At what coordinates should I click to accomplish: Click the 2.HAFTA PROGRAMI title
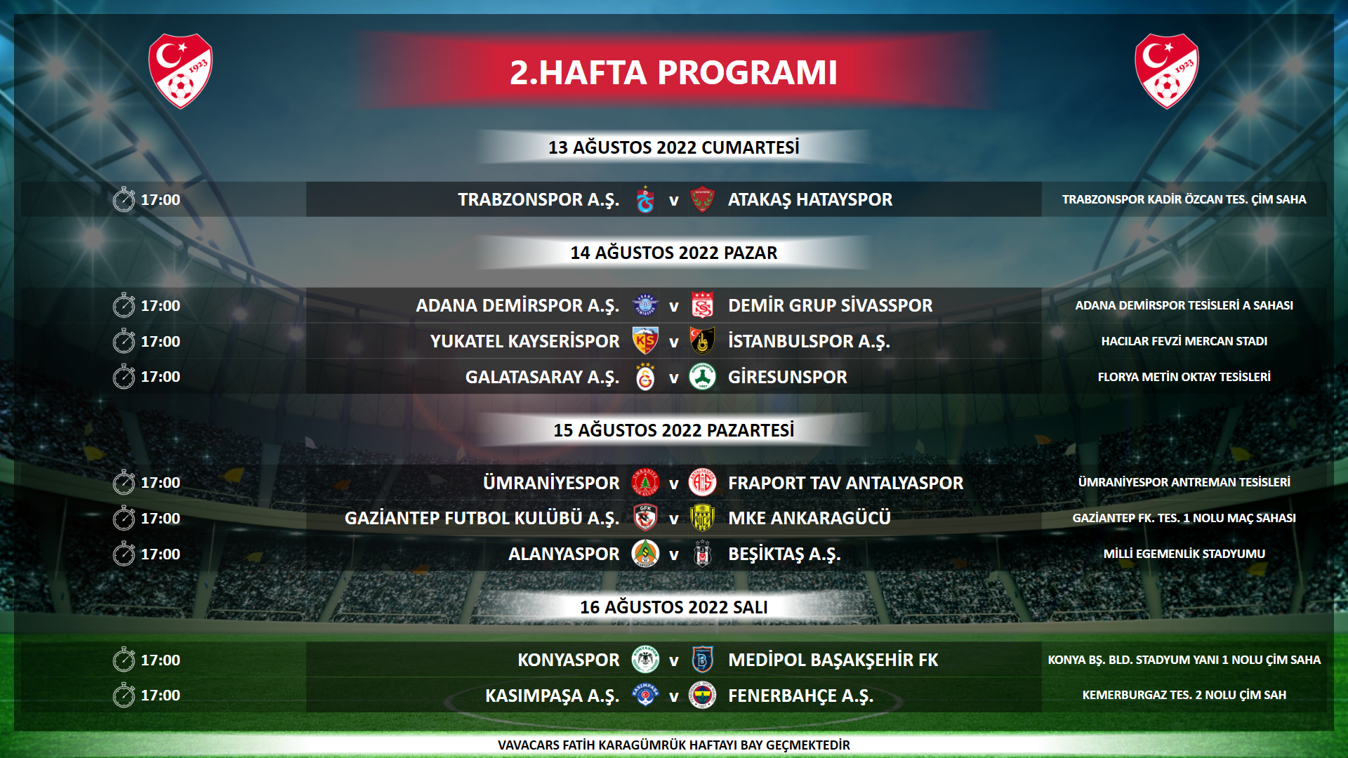[673, 72]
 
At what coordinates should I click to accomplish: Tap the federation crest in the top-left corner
[180, 71]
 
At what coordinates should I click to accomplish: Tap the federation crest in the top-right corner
[1167, 71]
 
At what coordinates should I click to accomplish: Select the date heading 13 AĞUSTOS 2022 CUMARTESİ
[673, 147]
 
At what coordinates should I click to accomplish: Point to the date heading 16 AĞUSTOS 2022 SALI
[673, 607]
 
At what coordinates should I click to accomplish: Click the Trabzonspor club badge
[645, 200]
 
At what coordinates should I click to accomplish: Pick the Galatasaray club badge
[645, 377]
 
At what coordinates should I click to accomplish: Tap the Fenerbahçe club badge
[702, 696]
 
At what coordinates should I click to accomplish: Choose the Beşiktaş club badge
[702, 554]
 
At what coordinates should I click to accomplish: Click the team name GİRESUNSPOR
[787, 377]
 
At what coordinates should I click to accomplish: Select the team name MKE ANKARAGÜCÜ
[809, 518]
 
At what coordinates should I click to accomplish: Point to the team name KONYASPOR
[568, 660]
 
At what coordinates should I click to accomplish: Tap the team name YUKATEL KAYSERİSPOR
[524, 341]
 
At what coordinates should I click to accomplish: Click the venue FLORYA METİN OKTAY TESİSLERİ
[1184, 377]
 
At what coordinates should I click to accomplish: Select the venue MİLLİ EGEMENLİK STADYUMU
[1184, 554]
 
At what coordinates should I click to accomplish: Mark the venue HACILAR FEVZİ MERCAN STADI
[1184, 341]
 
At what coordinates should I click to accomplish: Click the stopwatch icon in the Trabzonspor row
[124, 199]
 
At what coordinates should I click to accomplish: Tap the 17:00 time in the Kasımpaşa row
[160, 696]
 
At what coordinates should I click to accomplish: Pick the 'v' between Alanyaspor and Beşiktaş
[673, 555]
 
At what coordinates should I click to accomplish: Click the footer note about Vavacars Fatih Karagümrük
[673, 745]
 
